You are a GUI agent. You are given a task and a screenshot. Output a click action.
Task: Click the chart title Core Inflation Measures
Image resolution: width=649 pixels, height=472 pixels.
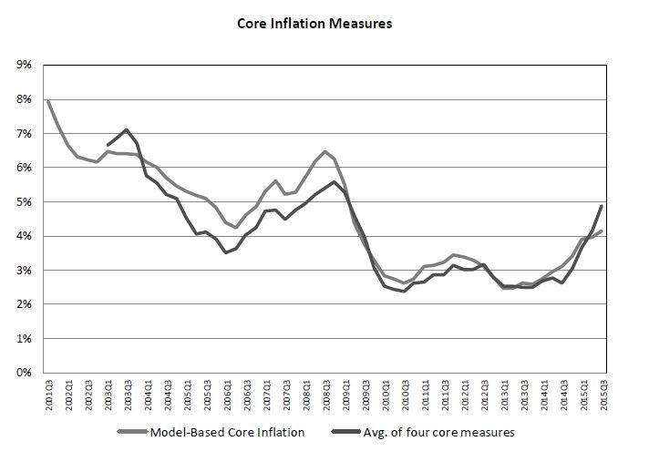tap(324, 24)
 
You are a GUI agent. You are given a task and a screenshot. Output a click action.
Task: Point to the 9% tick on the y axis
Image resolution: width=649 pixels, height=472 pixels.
tap(23, 65)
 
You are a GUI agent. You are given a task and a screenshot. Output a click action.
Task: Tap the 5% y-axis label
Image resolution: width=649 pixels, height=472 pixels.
tap(23, 201)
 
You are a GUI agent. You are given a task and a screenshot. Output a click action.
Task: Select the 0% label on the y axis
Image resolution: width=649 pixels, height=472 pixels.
tap(23, 373)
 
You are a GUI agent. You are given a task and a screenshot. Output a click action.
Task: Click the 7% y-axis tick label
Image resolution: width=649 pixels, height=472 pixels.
tap(23, 133)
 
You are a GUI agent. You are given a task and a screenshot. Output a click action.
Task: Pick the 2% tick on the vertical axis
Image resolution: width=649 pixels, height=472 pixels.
tap(23, 304)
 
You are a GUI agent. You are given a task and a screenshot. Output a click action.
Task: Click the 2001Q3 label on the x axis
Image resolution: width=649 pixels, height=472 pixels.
tap(49, 395)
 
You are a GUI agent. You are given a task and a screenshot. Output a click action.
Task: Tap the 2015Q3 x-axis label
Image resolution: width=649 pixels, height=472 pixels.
tap(602, 395)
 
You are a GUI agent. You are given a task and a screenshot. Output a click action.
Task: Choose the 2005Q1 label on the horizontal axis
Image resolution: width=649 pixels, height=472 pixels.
tap(187, 395)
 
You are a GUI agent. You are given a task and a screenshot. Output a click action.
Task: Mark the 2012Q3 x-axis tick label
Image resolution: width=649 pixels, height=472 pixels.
tap(483, 395)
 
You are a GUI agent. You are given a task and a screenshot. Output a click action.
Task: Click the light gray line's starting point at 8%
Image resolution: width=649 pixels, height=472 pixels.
tap(47, 99)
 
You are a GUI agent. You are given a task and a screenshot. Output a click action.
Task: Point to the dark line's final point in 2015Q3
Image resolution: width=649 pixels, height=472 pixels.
tap(602, 206)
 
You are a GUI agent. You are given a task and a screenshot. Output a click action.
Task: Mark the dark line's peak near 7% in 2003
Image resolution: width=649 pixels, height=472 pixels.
tap(127, 129)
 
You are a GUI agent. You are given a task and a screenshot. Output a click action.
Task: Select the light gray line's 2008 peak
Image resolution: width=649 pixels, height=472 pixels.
tap(324, 151)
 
